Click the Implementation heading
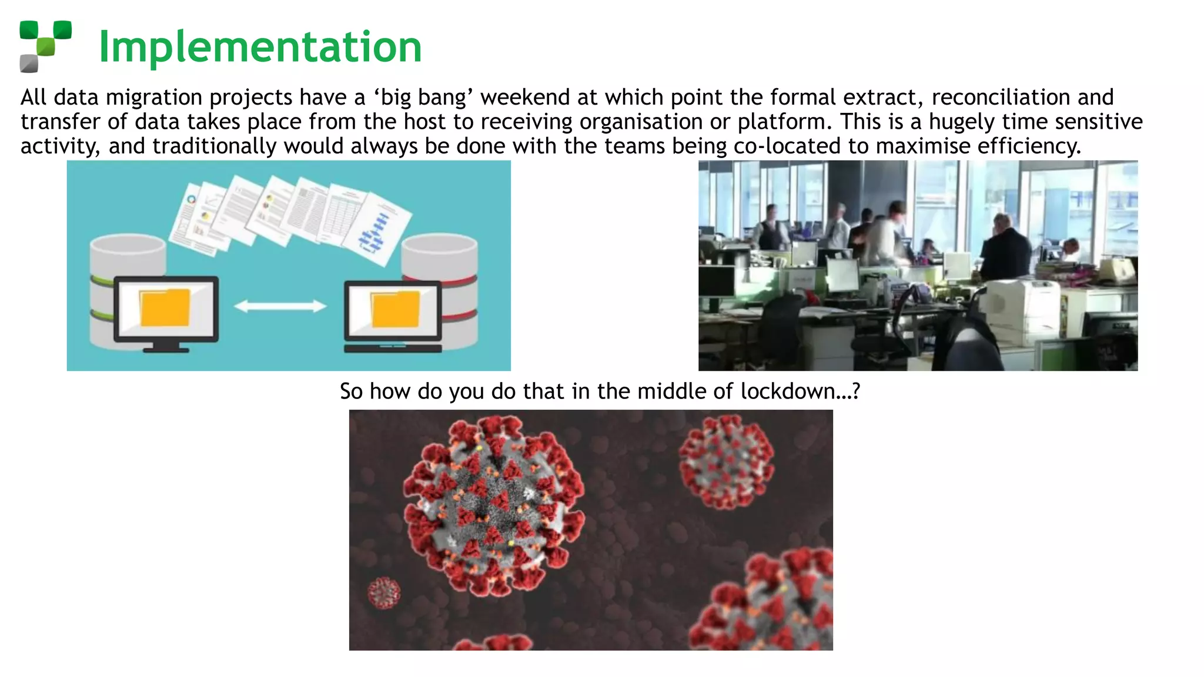click(x=260, y=46)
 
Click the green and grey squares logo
click(x=45, y=46)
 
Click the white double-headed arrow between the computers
click(x=280, y=306)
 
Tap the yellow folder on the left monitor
click(x=165, y=307)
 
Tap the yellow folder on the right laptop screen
click(x=395, y=309)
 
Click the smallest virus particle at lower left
click(x=384, y=592)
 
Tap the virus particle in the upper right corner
click(x=726, y=461)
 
